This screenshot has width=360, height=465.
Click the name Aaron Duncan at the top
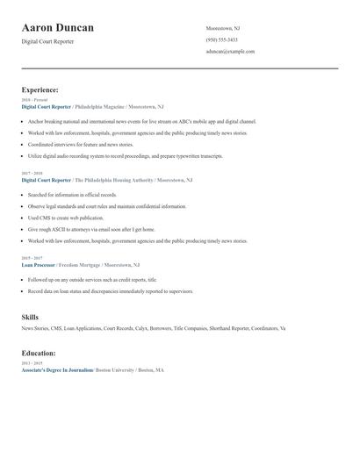[x=58, y=28]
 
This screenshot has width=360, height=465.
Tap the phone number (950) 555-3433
[x=221, y=39]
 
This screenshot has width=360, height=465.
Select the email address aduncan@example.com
[x=230, y=51]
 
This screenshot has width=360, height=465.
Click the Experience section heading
[x=40, y=89]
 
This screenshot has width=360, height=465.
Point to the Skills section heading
[x=30, y=317]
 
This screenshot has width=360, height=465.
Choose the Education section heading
[x=39, y=353]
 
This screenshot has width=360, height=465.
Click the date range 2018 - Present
[x=34, y=100]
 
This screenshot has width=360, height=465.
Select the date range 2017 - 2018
[x=32, y=174]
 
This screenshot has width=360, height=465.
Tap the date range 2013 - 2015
[x=32, y=362]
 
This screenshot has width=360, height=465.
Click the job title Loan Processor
[x=39, y=264]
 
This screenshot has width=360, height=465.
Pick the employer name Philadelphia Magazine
[x=99, y=106]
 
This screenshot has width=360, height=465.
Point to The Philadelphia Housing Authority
[x=114, y=180]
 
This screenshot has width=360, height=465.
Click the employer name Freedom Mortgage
[x=80, y=264]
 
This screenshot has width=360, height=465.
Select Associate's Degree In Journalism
[x=57, y=370]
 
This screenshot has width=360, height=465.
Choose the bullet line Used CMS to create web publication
[x=66, y=218]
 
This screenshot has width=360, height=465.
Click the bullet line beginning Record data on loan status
[x=110, y=290]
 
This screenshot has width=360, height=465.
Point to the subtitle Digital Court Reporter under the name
[x=47, y=41]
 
